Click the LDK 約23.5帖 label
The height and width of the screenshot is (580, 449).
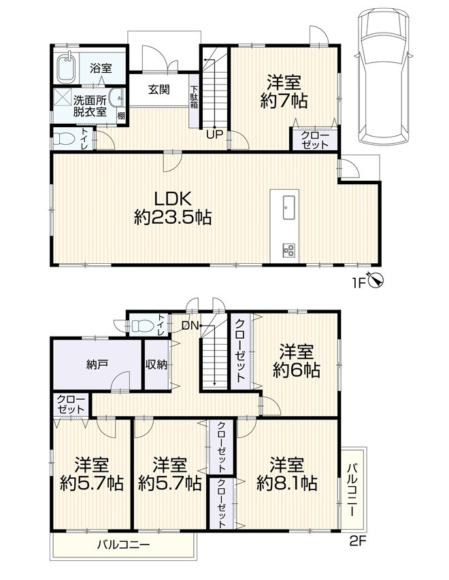pos(173,208)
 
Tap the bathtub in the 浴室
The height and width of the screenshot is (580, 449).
pos(67,69)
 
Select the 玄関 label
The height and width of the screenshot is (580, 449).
pos(159,89)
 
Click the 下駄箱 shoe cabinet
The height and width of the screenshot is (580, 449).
pos(194,101)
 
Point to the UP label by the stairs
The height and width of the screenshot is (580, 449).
pos(215,135)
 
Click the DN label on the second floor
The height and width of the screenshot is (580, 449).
pos(190,326)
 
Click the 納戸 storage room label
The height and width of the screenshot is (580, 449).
pos(97,364)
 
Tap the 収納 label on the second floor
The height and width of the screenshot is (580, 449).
pos(156,364)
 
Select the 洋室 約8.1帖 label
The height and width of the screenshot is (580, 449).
pos(287,474)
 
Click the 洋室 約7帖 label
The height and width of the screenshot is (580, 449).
pos(284,91)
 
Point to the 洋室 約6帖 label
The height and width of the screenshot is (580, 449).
pos(297,360)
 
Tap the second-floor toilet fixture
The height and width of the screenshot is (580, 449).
pos(142,326)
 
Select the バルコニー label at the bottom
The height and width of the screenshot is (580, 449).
pos(124,545)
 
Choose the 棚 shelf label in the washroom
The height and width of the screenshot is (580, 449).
pos(121,116)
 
